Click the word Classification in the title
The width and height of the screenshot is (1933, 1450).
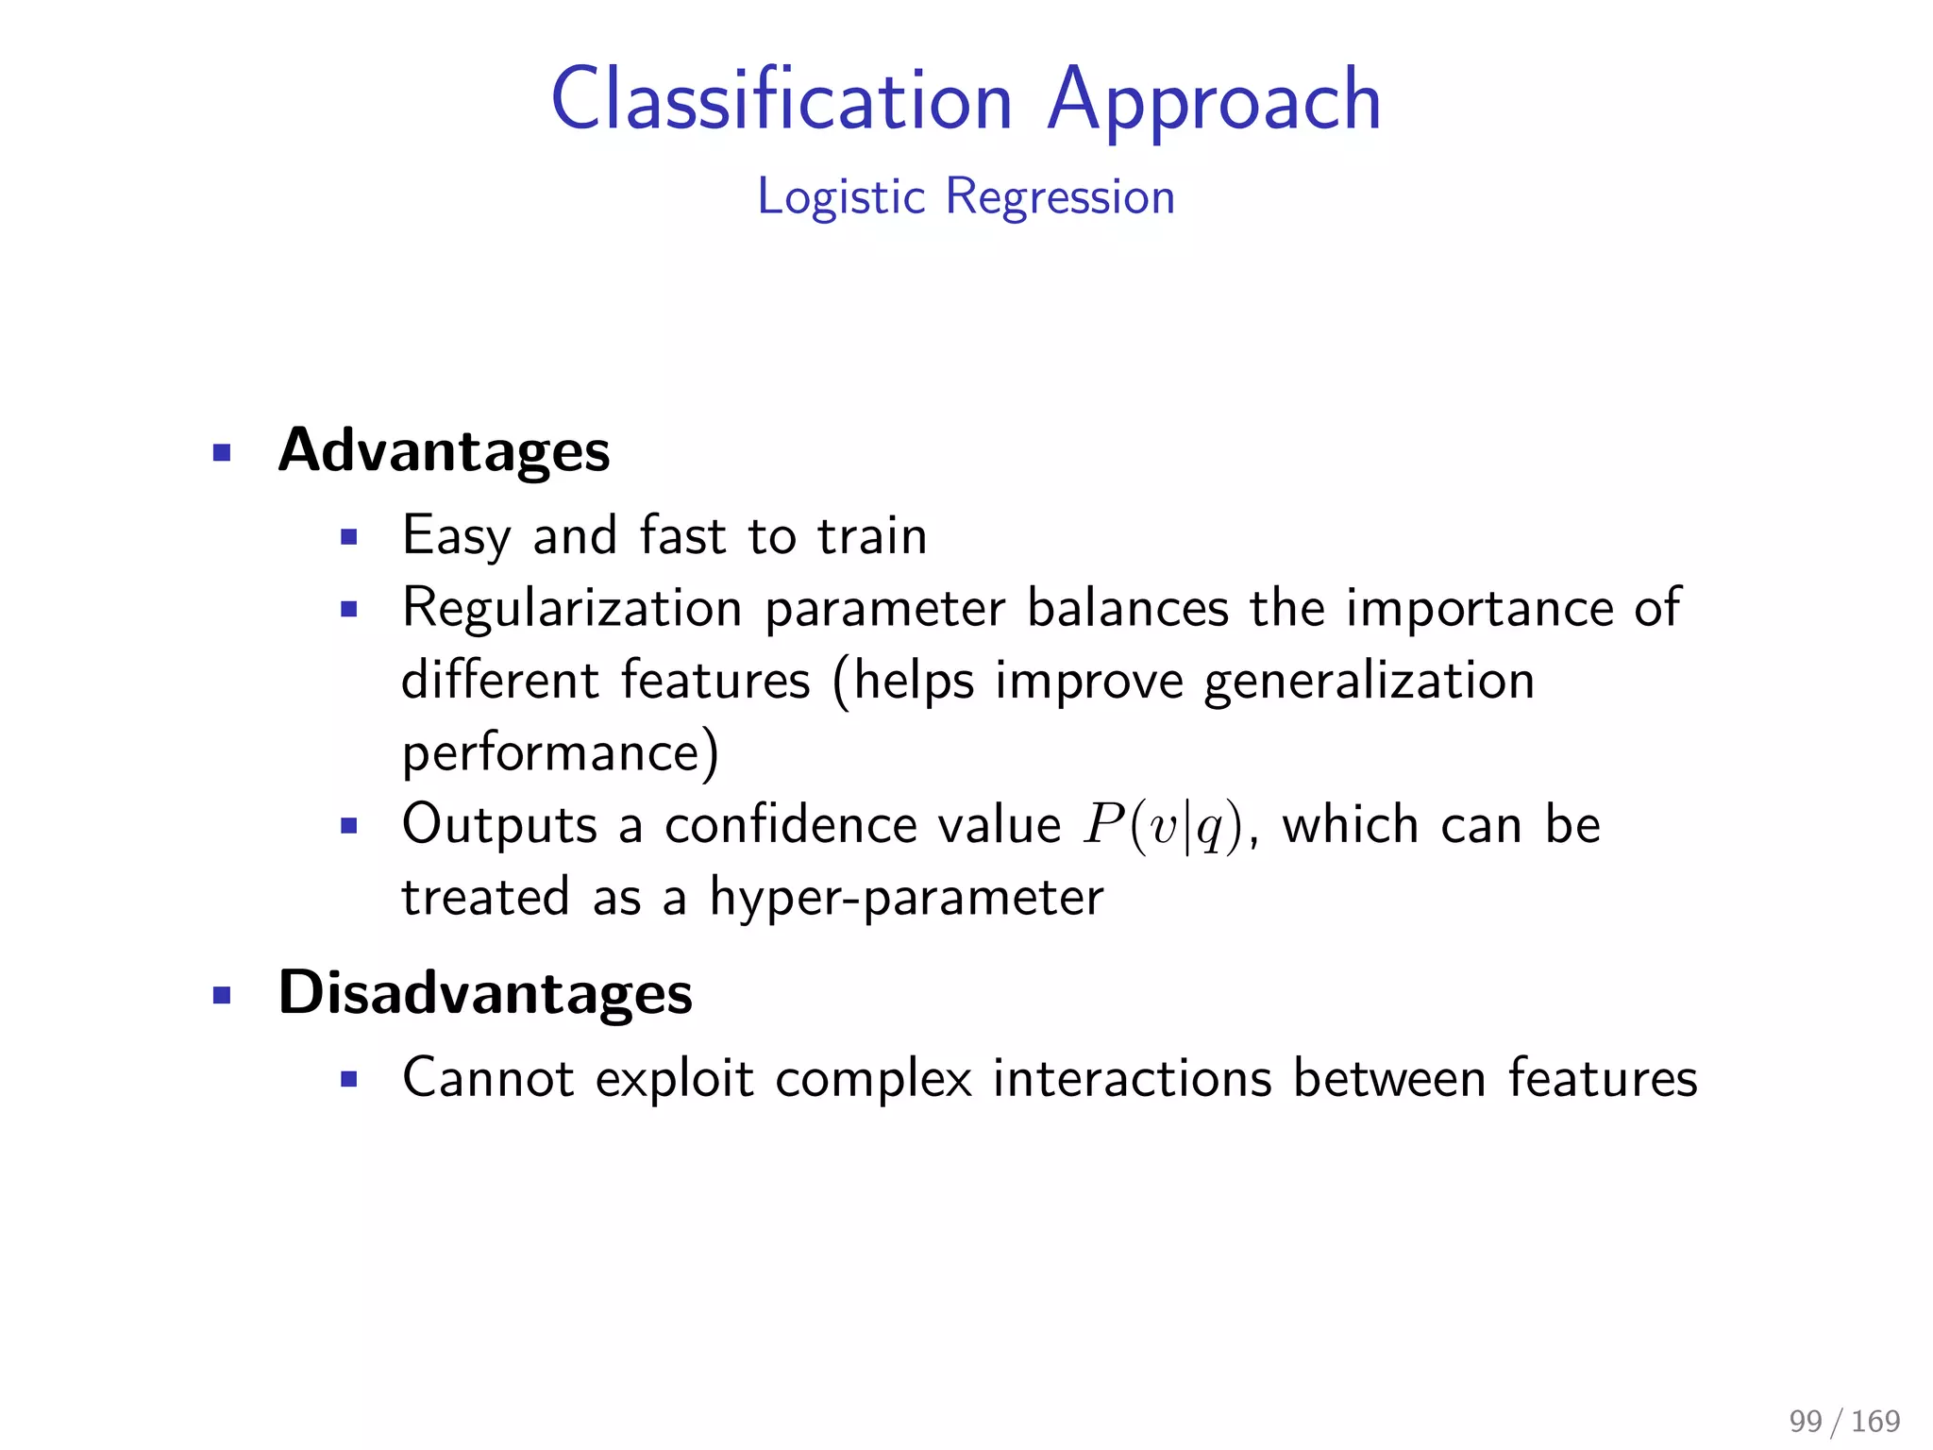tap(782, 100)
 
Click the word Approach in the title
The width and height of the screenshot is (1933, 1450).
tap(1214, 100)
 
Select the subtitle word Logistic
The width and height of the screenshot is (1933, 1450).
tap(841, 198)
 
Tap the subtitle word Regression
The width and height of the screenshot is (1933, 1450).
tap(1060, 196)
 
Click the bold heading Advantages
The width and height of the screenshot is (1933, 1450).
tap(444, 450)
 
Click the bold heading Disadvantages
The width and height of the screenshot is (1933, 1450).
tap(485, 993)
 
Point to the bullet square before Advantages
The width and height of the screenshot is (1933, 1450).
tap(222, 453)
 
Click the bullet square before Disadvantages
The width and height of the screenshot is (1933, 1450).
tap(222, 995)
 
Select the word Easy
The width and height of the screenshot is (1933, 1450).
tap(456, 536)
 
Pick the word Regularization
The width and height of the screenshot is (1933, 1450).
tap(572, 607)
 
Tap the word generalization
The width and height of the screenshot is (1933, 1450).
tap(1369, 681)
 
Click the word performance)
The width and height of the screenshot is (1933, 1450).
tap(560, 753)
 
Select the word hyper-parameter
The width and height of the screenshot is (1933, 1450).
tap(906, 898)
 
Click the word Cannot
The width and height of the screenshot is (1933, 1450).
tap(487, 1078)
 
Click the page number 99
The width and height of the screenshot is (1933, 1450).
tap(1805, 1421)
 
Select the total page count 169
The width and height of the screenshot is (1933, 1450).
tap(1875, 1421)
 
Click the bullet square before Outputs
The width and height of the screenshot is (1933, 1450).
tap(349, 827)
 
